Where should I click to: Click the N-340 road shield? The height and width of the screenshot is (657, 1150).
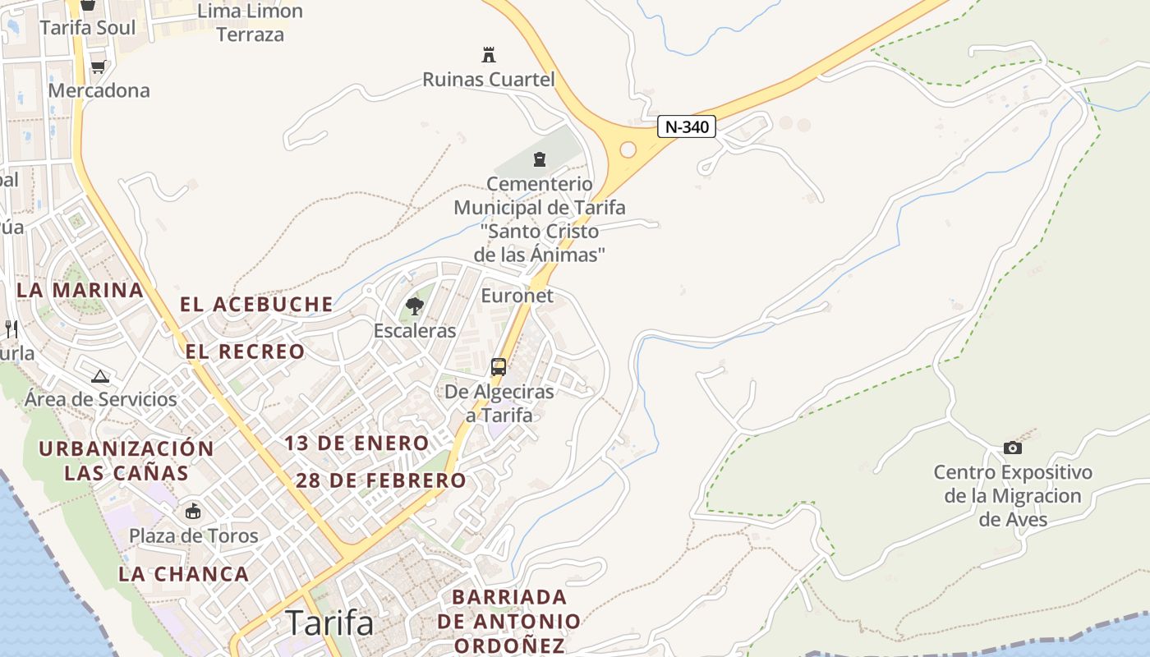[687, 127]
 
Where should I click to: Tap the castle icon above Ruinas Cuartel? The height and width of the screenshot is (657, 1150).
[489, 56]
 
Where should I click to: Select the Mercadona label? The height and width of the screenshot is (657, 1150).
[99, 90]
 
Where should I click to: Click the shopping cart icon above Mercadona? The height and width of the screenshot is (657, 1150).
[99, 67]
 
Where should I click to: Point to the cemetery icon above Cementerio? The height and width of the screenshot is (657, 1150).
[540, 159]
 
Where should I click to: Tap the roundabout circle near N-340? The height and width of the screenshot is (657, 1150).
[628, 149]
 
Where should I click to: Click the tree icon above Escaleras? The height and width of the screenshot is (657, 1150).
[415, 307]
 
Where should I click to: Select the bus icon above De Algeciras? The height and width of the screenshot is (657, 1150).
[499, 367]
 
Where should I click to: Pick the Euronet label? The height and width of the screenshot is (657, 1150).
[517, 296]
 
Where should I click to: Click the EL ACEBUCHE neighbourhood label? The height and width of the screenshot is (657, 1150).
[256, 305]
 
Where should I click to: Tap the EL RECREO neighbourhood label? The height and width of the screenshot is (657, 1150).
[245, 352]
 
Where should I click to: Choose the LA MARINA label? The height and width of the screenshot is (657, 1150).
[80, 290]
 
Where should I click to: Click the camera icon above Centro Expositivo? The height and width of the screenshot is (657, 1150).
[1013, 448]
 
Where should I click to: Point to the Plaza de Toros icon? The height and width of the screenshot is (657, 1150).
[193, 512]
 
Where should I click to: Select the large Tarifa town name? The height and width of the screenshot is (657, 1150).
[329, 623]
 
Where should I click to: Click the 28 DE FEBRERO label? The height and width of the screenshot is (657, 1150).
[380, 480]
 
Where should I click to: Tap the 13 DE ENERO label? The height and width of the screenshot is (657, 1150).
[356, 443]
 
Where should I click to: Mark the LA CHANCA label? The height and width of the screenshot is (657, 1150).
[183, 574]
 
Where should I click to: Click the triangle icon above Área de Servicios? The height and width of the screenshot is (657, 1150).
[100, 377]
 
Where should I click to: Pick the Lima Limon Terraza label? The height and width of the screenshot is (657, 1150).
[251, 23]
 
